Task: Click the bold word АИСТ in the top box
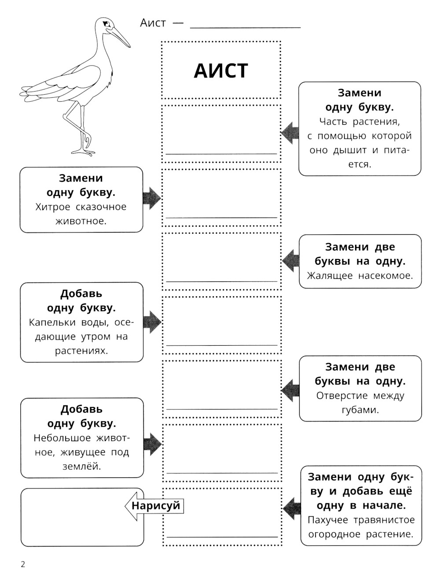click(x=221, y=71)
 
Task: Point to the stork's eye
click(x=105, y=24)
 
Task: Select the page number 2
click(x=23, y=564)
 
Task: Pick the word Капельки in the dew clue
click(x=52, y=322)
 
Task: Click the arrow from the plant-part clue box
click(x=290, y=133)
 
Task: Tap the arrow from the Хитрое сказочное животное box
click(x=152, y=198)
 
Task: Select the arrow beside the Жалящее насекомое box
click(x=290, y=261)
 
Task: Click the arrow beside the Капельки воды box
click(x=152, y=322)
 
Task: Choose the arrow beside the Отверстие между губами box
click(x=290, y=389)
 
